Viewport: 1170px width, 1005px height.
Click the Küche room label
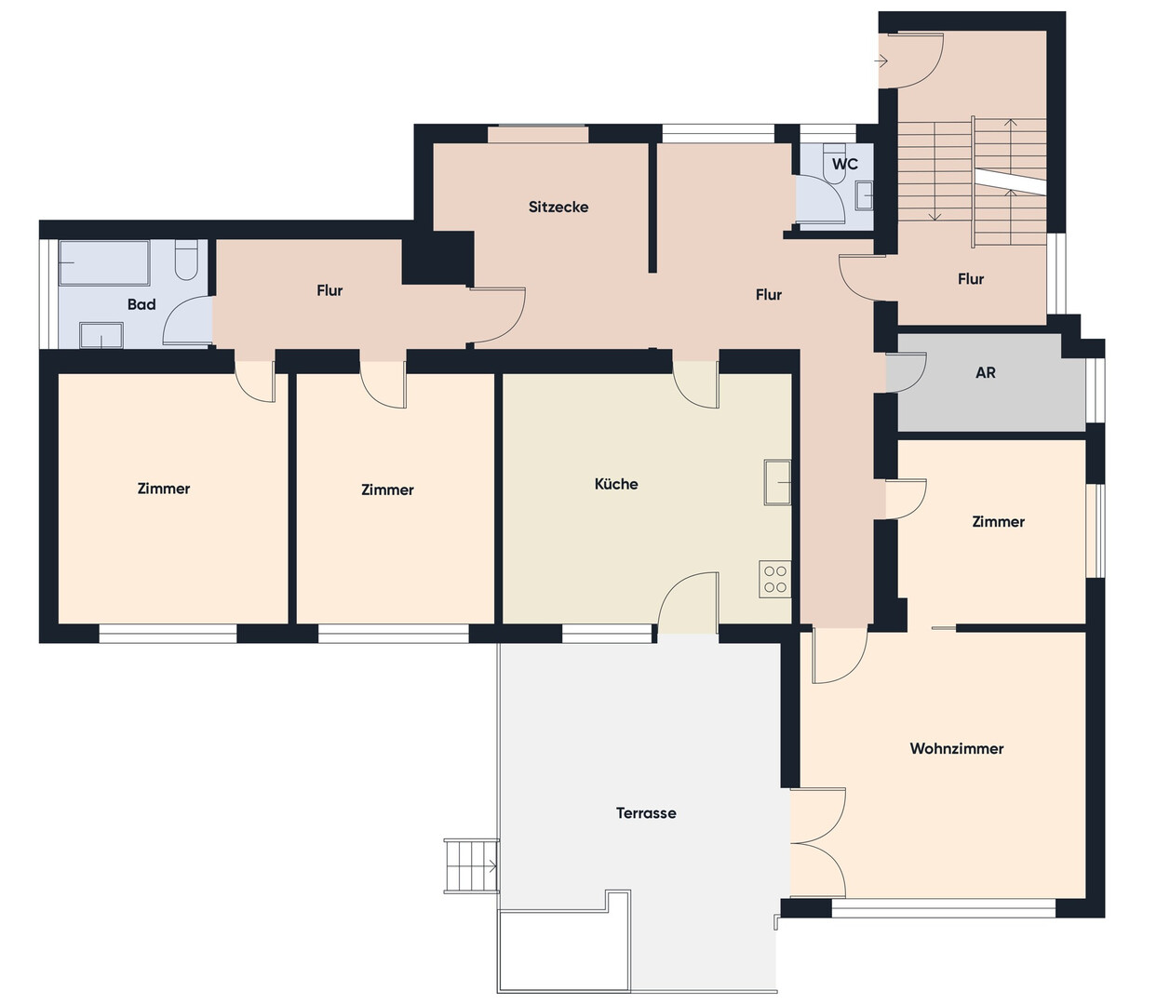(616, 484)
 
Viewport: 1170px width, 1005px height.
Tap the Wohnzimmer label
(957, 749)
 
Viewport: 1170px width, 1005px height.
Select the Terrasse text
(646, 813)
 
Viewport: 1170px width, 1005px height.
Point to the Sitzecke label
(558, 208)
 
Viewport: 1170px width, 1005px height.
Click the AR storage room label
(986, 373)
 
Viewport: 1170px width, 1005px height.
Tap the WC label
(845, 164)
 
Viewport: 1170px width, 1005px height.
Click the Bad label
(141, 304)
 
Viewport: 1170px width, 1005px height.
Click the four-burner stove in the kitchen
(775, 579)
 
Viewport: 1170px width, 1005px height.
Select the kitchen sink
(777, 482)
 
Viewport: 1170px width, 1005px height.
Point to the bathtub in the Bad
(104, 263)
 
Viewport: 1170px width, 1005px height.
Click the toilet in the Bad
(185, 261)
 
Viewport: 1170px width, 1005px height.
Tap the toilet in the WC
(834, 164)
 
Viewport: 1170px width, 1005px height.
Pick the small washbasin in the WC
(864, 195)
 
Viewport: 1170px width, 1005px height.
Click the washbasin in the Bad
(101, 336)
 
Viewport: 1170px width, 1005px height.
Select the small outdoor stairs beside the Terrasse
(471, 866)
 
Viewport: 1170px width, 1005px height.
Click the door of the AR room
(906, 372)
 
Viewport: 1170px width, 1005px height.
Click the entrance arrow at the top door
(881, 60)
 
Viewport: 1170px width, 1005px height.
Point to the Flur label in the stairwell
(971, 279)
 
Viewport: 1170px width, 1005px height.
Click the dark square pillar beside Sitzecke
(437, 258)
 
